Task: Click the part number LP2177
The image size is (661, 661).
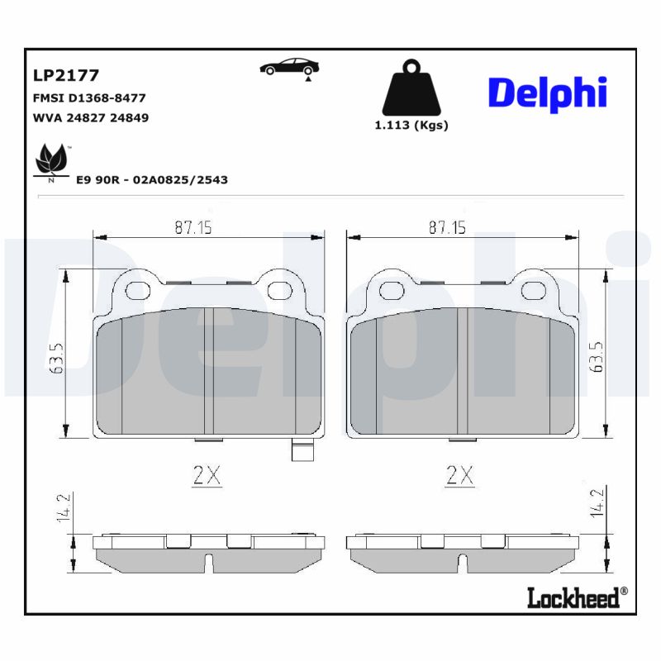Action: pyautogui.click(x=65, y=76)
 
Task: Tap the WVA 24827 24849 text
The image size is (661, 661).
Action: pyautogui.click(x=90, y=117)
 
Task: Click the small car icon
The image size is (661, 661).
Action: pyautogui.click(x=289, y=67)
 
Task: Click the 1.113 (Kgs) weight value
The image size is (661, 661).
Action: pyautogui.click(x=411, y=126)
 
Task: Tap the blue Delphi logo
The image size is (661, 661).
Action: pyautogui.click(x=548, y=93)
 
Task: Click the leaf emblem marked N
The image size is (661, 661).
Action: pyautogui.click(x=51, y=162)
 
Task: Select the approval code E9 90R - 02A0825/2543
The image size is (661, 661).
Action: pyautogui.click(x=151, y=179)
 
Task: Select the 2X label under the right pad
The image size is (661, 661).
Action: pyautogui.click(x=459, y=476)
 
